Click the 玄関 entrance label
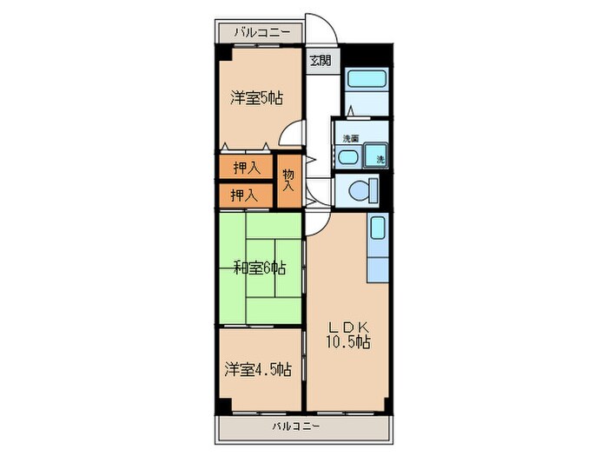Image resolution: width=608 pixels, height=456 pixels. (320, 61)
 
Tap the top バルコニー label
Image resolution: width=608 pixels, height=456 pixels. (258, 33)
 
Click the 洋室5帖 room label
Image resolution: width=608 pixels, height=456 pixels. (256, 98)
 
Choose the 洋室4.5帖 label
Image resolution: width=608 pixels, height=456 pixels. (260, 369)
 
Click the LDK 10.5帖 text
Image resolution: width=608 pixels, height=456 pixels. (348, 335)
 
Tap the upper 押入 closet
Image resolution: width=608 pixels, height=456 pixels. (246, 167)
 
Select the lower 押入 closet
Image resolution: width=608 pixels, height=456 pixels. (246, 195)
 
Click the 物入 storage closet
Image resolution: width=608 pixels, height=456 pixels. (289, 181)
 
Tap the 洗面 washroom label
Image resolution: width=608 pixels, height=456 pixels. (350, 139)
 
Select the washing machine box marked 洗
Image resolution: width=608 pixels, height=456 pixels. (380, 157)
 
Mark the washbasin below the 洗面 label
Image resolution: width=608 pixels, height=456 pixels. (347, 157)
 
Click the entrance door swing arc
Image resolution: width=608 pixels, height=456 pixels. (320, 26)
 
